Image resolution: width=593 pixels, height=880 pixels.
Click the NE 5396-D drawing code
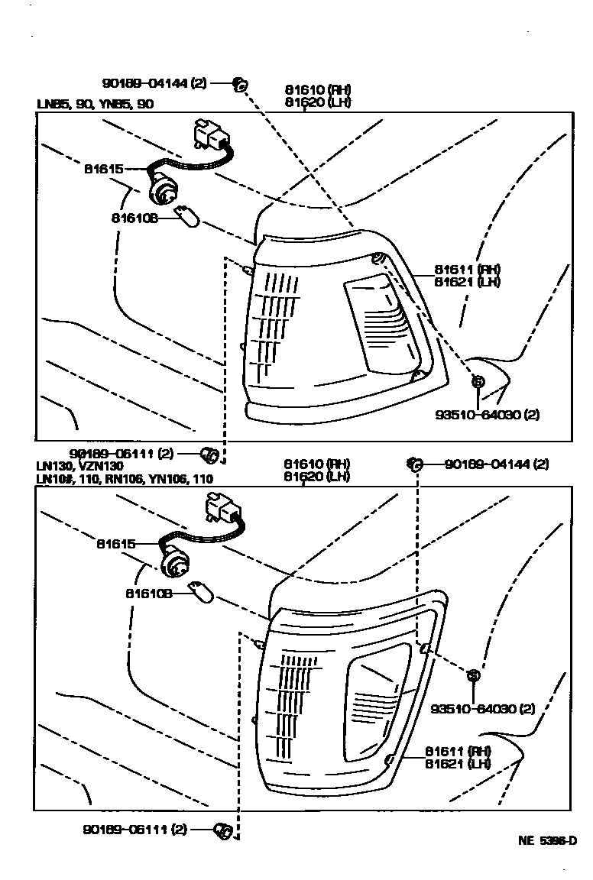click(x=546, y=841)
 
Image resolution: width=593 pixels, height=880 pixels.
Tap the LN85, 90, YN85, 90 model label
click(x=95, y=105)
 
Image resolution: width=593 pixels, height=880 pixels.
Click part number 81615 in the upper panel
click(x=101, y=168)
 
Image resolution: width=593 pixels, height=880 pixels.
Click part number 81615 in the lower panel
click(x=115, y=544)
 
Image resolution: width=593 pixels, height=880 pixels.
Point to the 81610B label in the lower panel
click(x=150, y=592)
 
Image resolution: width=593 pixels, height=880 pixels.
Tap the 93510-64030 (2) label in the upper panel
click(x=487, y=415)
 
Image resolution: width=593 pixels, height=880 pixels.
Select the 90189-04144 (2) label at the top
click(x=154, y=83)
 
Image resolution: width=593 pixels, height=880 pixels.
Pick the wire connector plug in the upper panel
click(x=213, y=136)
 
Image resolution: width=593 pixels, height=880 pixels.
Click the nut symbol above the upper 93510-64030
click(x=477, y=381)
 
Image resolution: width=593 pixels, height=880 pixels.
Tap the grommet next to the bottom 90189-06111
click(x=225, y=829)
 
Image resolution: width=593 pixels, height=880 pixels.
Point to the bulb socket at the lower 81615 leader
click(x=173, y=566)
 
